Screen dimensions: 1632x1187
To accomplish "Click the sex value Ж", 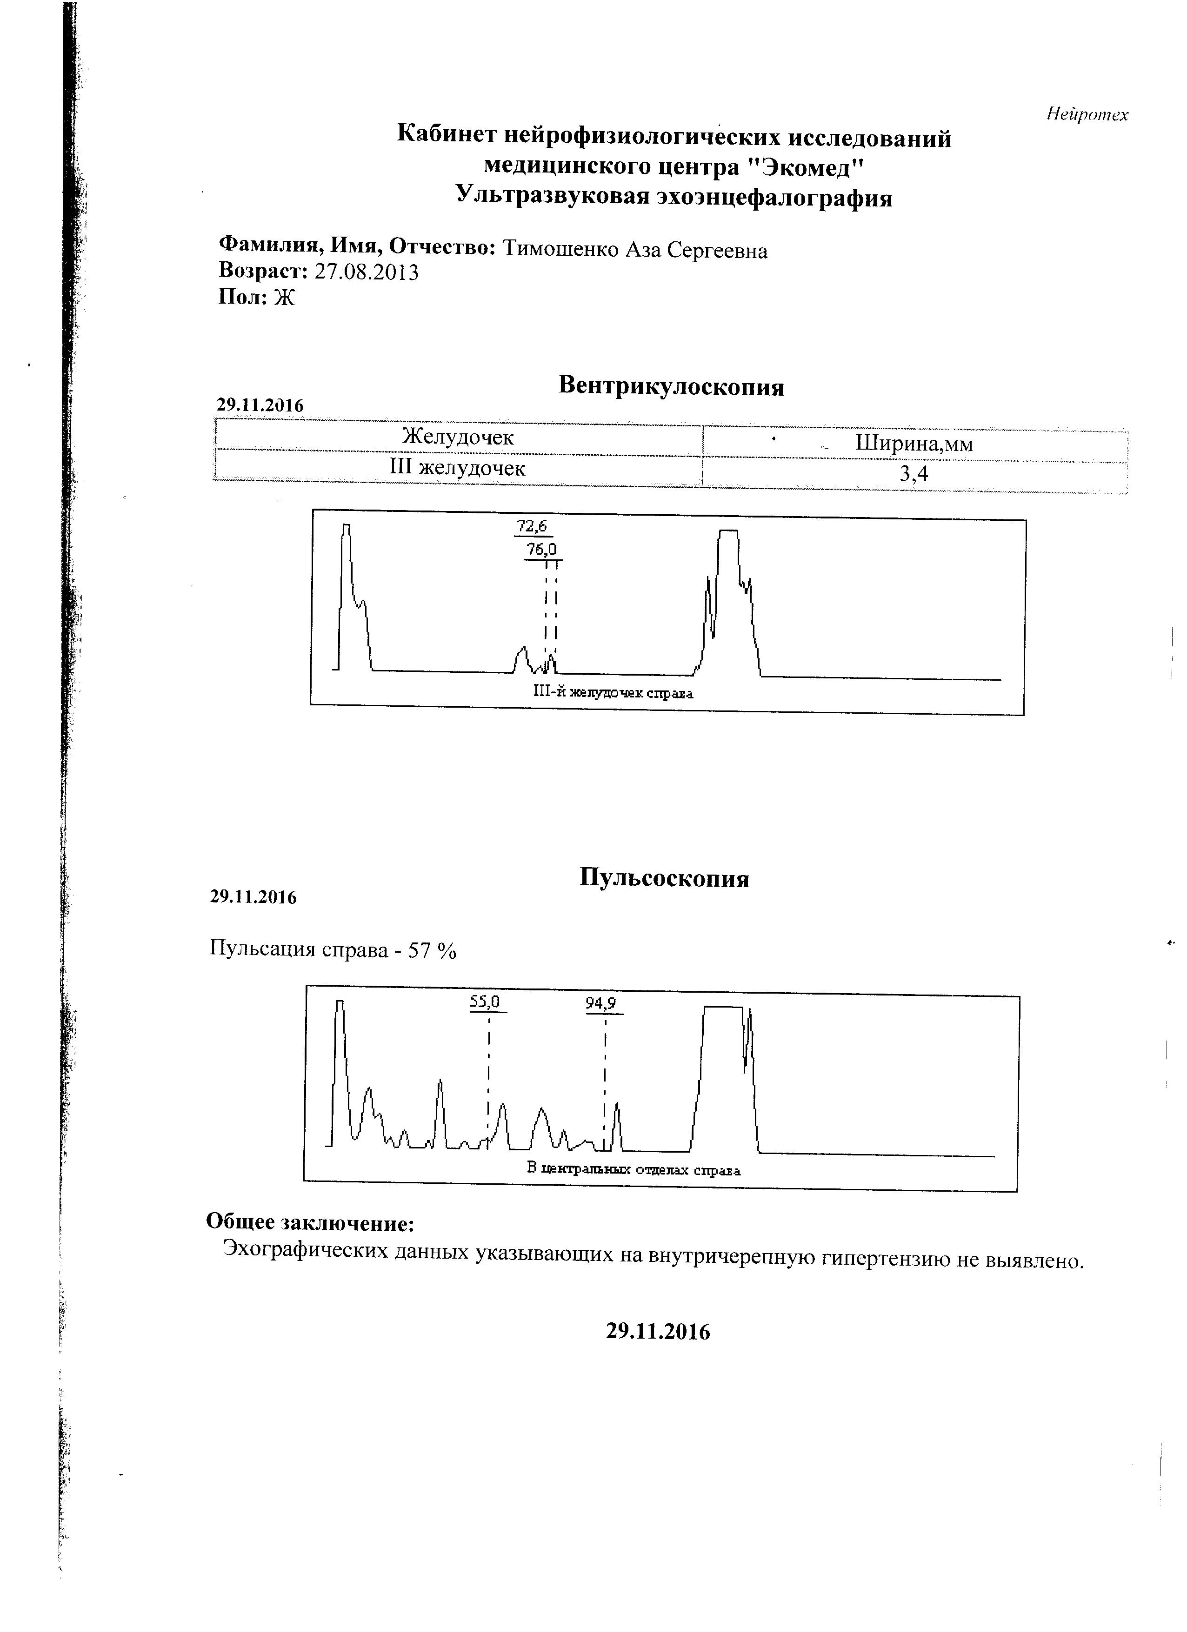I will click(x=284, y=297).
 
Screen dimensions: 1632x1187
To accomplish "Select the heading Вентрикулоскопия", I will click(x=671, y=386).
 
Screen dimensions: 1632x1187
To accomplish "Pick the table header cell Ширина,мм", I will click(x=914, y=443).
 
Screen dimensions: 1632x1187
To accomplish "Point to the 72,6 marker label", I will click(x=532, y=526).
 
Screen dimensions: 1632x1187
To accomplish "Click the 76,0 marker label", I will click(x=541, y=550).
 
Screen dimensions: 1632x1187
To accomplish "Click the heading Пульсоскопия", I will click(x=664, y=879).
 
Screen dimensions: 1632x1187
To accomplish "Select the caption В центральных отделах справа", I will click(x=634, y=1169).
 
